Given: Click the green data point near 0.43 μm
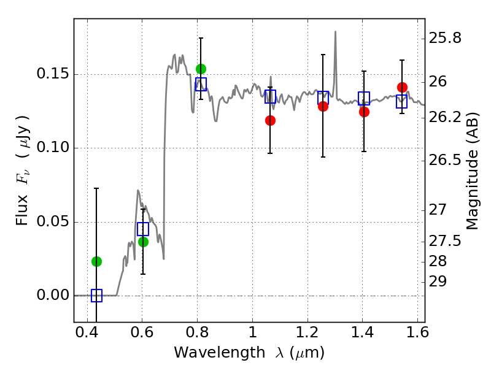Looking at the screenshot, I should [x=96, y=261].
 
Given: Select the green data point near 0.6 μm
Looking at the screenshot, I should [x=143, y=242].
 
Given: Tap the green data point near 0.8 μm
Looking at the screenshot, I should [x=201, y=69].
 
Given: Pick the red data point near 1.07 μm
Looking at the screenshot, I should [x=270, y=120].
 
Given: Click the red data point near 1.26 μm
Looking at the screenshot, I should [x=323, y=106].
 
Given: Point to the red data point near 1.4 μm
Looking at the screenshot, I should [x=364, y=112].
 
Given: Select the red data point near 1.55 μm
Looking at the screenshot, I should [x=402, y=87].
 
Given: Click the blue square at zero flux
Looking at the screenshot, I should [x=96, y=296].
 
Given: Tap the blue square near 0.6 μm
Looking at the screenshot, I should [x=143, y=229].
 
